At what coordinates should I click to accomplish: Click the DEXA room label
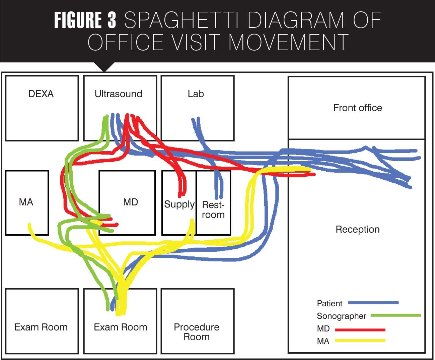[x=41, y=94]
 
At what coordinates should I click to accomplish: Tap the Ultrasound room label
[x=118, y=94]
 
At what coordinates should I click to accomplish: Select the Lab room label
[x=196, y=94]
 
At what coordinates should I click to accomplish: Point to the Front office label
[x=357, y=108]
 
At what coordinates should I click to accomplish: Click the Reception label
[x=357, y=230]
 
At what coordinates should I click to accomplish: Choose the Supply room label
[x=179, y=204]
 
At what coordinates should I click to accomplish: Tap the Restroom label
[x=213, y=209]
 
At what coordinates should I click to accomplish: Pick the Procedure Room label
[x=197, y=332]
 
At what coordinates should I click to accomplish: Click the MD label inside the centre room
[x=130, y=202]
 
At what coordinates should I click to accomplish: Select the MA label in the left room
[x=26, y=202]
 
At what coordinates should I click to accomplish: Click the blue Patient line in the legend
[x=373, y=303]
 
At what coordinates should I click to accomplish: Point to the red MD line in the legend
[x=360, y=330]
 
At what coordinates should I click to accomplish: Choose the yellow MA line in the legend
[x=360, y=341]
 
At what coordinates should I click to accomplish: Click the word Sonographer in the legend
[x=341, y=316]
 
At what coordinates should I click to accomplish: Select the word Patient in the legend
[x=330, y=304]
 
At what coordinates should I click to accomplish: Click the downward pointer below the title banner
[x=104, y=67]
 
